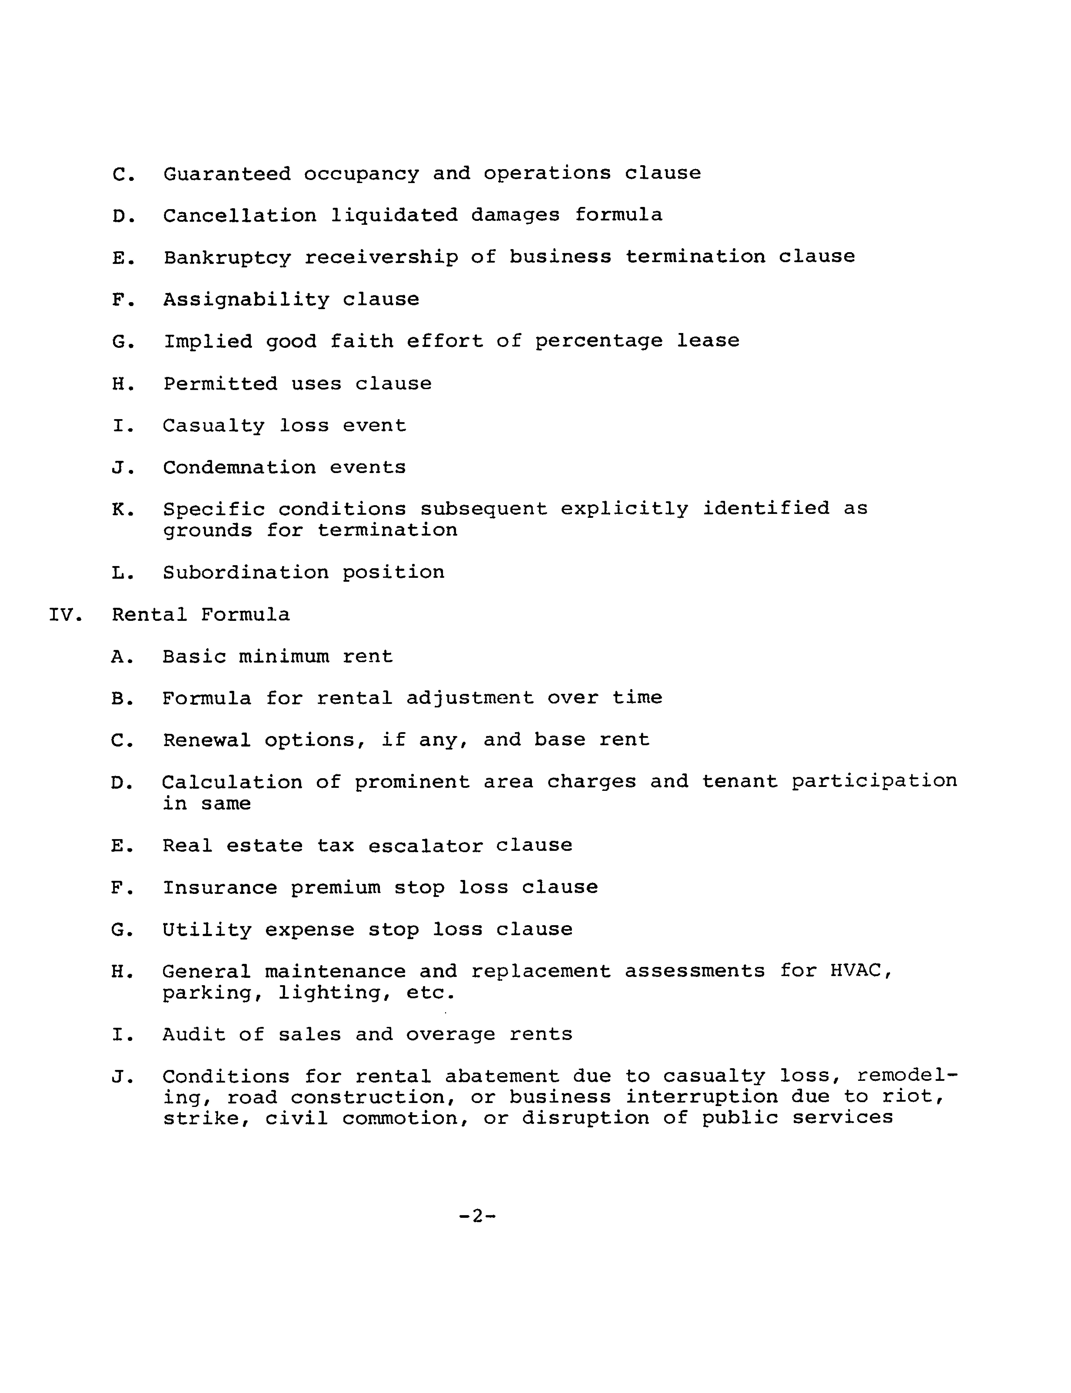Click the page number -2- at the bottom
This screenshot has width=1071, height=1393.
click(x=477, y=1216)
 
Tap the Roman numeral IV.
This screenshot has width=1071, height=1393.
click(x=62, y=615)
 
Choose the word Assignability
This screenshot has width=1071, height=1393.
click(x=246, y=300)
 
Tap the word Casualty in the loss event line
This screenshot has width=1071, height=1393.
click(x=214, y=426)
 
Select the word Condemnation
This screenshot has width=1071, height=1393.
click(x=239, y=468)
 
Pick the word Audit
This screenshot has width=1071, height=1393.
click(x=194, y=1034)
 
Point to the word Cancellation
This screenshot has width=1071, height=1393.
click(x=240, y=215)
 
